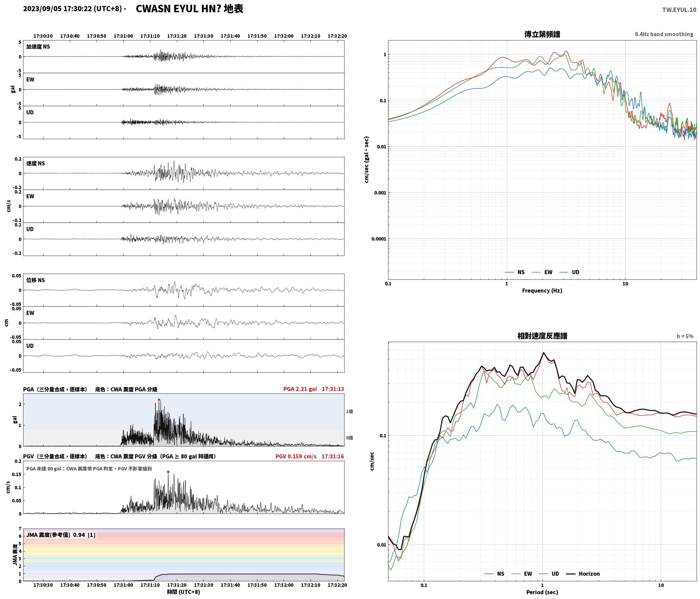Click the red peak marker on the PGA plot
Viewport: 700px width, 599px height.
159,400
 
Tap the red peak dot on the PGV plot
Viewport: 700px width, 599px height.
168,472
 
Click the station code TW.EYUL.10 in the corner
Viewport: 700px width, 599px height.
679,10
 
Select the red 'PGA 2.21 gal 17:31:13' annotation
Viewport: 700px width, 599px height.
314,389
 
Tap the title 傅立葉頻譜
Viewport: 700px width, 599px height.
542,34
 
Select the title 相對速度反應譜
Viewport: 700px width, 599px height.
542,336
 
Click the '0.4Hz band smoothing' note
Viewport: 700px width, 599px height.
664,34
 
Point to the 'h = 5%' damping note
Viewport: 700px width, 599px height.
685,336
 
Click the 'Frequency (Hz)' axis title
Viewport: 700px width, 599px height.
542,291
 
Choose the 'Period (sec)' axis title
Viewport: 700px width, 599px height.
542,592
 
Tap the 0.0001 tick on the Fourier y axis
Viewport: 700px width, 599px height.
379,239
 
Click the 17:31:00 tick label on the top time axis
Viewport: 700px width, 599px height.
123,36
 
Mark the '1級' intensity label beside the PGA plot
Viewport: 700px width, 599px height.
349,411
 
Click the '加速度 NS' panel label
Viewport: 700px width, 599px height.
38,47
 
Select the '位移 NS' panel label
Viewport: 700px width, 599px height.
36,280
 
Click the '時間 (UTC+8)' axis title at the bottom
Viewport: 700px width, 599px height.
183,592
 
